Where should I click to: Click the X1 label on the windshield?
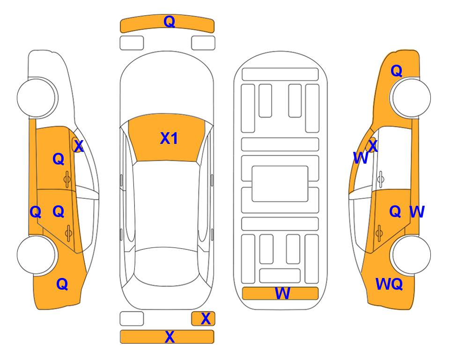pos(169,138)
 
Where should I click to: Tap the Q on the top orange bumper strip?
pos(170,22)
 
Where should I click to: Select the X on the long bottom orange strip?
pos(170,337)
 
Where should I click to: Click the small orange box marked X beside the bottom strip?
pos(203,319)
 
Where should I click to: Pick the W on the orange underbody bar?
pos(282,293)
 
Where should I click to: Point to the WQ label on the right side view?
pos(389,284)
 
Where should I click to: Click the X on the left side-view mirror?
pos(79,146)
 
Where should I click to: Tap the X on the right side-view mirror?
pos(373,146)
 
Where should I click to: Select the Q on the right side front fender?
pos(396,71)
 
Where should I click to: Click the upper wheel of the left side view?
pos(37,97)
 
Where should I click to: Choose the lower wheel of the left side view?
pos(37,255)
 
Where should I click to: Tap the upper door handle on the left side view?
pos(67,179)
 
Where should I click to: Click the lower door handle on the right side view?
pos(379,233)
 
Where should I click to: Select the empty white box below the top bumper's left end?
pos(132,43)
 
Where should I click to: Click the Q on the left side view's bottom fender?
pos(62,285)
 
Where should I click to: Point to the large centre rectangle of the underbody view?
pos(280,184)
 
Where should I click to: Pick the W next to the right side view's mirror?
pos(361,158)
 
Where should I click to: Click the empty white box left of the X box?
pos(132,319)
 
